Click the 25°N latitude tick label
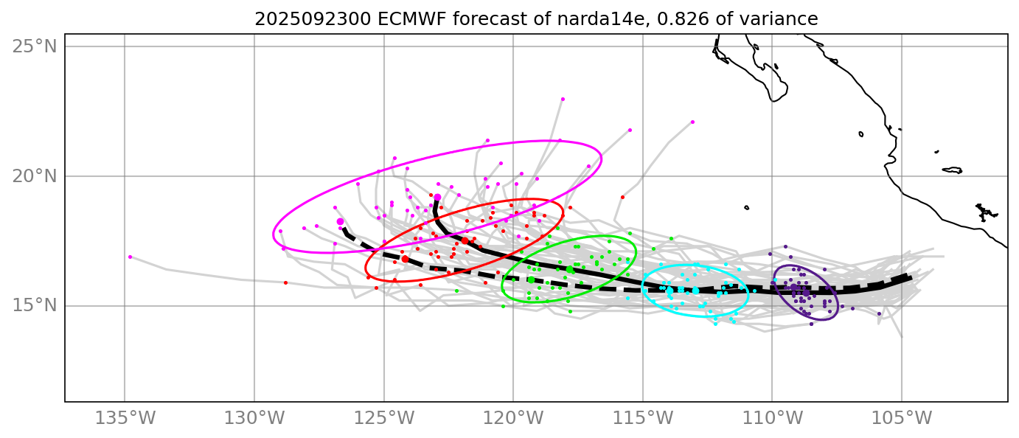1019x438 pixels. (x=35, y=46)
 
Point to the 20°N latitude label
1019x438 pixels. (x=35, y=176)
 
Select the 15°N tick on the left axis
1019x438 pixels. (x=35, y=305)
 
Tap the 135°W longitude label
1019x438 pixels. (x=125, y=419)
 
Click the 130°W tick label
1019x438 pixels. (x=254, y=419)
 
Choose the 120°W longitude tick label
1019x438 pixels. (x=513, y=419)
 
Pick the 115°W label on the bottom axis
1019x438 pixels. (x=642, y=419)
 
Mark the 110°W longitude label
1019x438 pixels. (x=772, y=419)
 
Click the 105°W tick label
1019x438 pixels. (x=901, y=419)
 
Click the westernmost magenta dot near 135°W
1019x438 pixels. (x=130, y=257)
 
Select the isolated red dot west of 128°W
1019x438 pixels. (x=285, y=282)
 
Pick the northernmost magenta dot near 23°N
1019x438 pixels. (x=563, y=99)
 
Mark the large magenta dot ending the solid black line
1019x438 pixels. (x=437, y=198)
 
